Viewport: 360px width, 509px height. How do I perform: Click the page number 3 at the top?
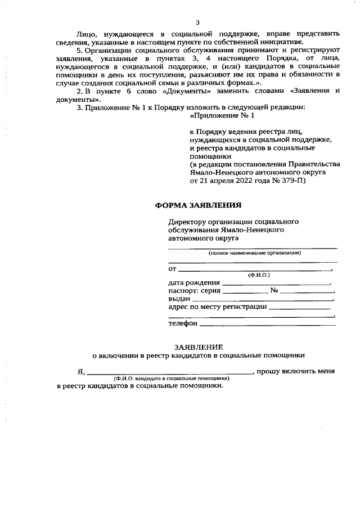(197, 22)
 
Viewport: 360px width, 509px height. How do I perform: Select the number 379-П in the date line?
(294, 181)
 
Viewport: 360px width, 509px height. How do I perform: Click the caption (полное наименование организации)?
(254, 253)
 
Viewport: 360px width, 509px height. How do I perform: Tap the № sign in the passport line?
(274, 291)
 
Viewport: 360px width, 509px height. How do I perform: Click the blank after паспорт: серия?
(245, 292)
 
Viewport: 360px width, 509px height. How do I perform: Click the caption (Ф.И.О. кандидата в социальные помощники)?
(173, 379)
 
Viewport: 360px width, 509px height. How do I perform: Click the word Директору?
(186, 222)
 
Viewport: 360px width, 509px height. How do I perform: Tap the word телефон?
(183, 324)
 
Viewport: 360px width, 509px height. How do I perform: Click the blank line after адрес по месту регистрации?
(300, 308)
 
